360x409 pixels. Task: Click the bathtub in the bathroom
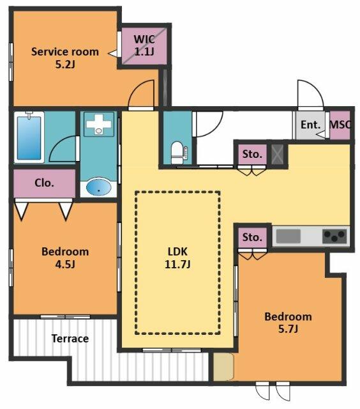coord(29,138)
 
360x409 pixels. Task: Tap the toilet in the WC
coord(179,153)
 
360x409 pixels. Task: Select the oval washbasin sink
coord(98,187)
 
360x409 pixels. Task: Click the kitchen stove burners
coord(334,236)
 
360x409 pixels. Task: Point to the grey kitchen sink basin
coord(288,236)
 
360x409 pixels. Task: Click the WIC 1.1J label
coord(144,45)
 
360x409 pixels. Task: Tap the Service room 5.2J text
coord(65,58)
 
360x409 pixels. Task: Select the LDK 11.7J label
coord(177,258)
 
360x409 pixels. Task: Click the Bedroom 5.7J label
coord(288,323)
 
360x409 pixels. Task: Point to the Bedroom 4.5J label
coord(65,258)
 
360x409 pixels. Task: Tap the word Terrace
coord(70,339)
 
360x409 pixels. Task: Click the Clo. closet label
coord(44,183)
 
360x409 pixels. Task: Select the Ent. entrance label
coord(310,125)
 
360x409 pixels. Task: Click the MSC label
coord(340,125)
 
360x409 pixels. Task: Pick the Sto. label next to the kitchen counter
coord(252,237)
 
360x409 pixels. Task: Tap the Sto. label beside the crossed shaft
coord(252,154)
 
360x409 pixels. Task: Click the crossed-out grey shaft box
coord(277,154)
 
